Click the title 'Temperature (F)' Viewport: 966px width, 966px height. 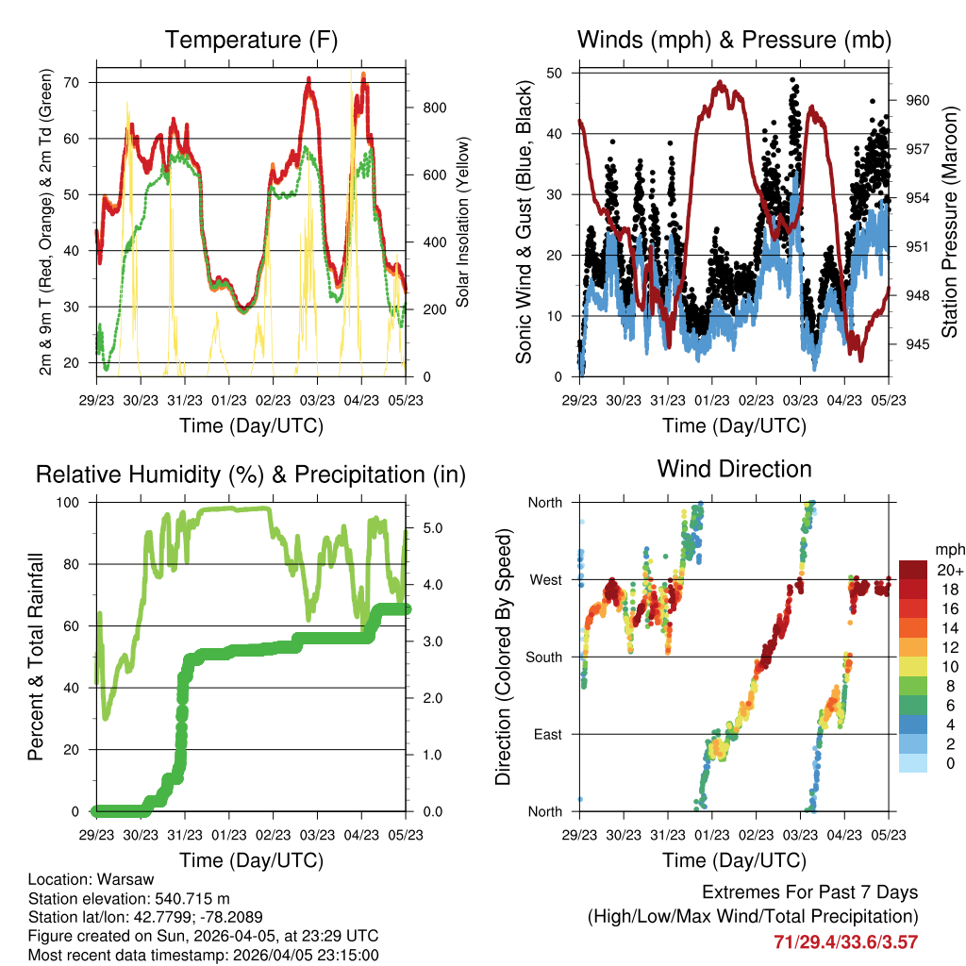(x=251, y=40)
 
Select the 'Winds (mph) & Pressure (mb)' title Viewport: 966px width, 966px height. (x=734, y=40)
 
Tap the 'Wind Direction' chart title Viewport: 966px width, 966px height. (x=734, y=469)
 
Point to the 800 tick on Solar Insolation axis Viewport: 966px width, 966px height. (x=434, y=108)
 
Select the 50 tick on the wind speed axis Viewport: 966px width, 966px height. (x=559, y=74)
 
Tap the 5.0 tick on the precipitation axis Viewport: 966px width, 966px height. (x=433, y=528)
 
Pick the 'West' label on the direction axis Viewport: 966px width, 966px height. (x=544, y=580)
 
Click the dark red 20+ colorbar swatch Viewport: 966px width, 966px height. (x=913, y=570)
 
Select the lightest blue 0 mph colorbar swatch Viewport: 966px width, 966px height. (x=913, y=763)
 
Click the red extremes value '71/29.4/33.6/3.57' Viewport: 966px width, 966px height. (x=845, y=942)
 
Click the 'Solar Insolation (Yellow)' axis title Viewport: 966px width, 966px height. (x=463, y=223)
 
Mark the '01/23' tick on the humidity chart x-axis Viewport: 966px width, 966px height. (x=229, y=835)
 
